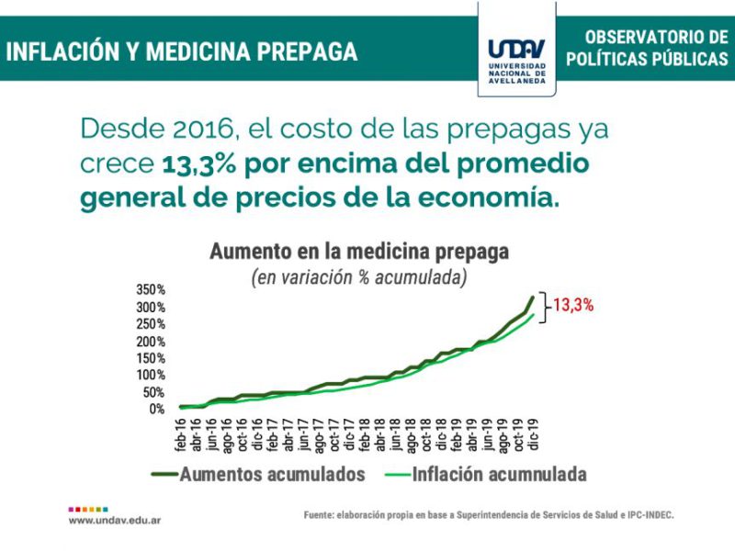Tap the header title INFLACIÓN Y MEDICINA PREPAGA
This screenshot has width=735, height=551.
tap(181, 51)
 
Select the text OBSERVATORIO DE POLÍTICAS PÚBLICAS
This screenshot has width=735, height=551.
tap(646, 48)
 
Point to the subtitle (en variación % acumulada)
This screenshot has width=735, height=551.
tap(359, 277)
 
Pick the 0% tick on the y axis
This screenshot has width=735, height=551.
tap(157, 409)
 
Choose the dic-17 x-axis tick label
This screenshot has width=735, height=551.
tap(351, 435)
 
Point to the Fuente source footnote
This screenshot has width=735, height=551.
tap(489, 515)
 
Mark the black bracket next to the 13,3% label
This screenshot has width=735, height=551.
tap(543, 305)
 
